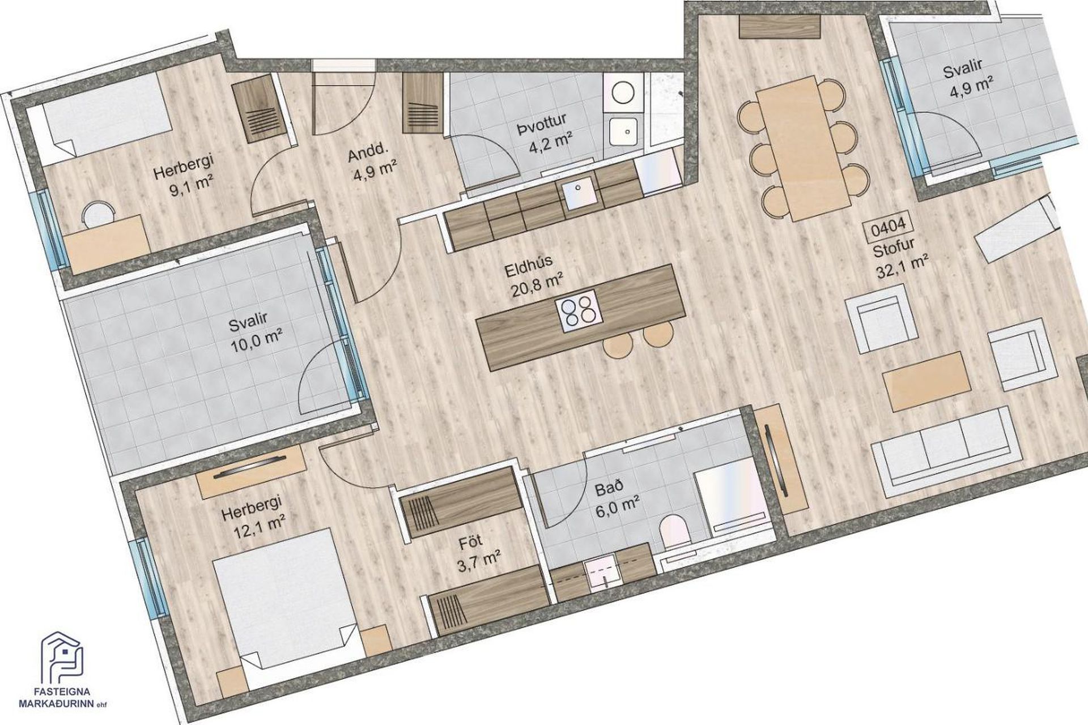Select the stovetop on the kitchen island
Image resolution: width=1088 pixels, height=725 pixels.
579,310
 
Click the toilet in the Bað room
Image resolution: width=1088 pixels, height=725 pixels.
674,532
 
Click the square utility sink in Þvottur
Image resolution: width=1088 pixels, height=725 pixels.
626,131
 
